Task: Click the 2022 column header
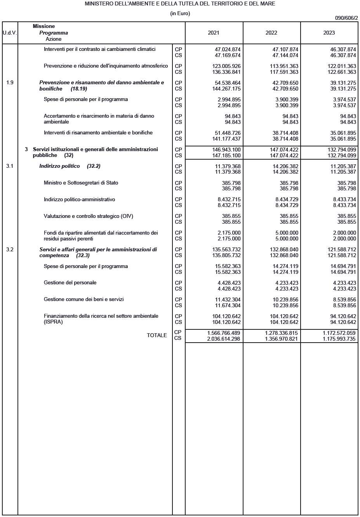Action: [x=271, y=33]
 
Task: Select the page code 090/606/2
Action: [x=346, y=18]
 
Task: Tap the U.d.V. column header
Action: [x=10, y=33]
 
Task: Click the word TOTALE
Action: [x=157, y=335]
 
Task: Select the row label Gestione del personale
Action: [x=70, y=282]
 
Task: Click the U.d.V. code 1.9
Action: [x=10, y=82]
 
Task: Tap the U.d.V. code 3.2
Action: [x=10, y=249]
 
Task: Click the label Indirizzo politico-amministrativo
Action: [x=79, y=199]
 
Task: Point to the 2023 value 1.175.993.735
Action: [x=339, y=339]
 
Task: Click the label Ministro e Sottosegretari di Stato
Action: [x=81, y=183]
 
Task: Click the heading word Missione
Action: [x=43, y=26]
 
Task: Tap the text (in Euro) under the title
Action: [x=180, y=13]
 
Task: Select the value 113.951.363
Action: [x=284, y=66]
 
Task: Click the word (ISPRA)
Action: [x=53, y=322]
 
